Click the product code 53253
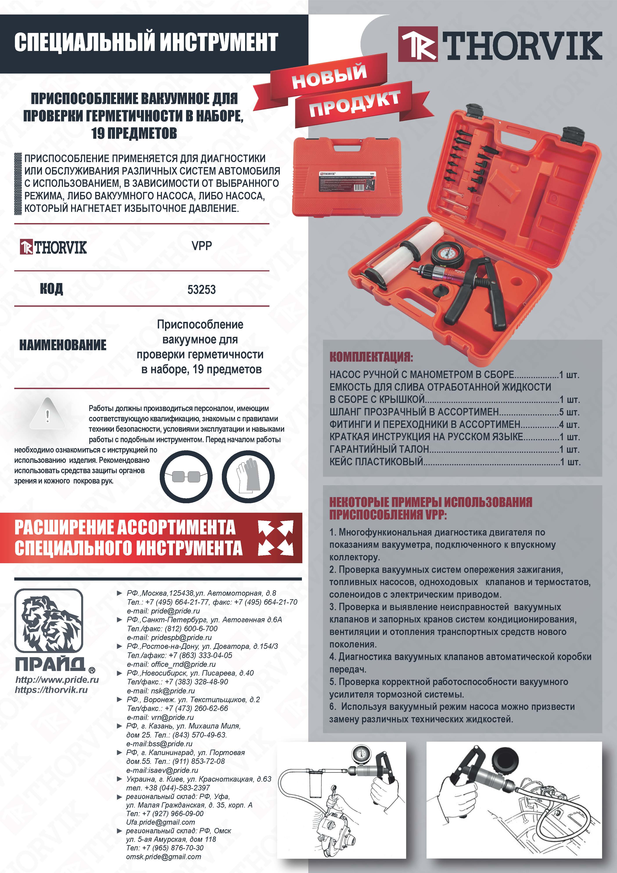pyautogui.click(x=201, y=290)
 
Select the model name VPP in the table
pyautogui.click(x=202, y=246)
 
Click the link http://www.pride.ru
pyautogui.click(x=57, y=680)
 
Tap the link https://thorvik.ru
pyautogui.click(x=51, y=690)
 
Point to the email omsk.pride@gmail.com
pyautogui.click(x=163, y=857)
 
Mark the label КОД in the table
pyautogui.click(x=51, y=289)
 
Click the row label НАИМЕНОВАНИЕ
pyautogui.click(x=63, y=345)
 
